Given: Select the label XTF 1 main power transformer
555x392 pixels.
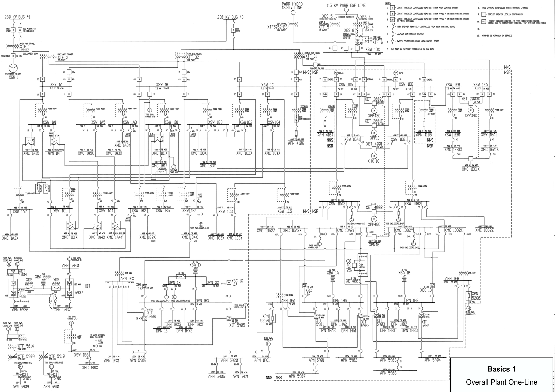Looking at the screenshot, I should pos(25,47).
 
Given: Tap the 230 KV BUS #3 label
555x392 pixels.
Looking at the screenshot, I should pos(230,17).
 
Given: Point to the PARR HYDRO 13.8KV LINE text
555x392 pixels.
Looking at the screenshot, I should pos(292,6).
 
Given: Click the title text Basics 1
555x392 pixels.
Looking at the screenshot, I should pos(501,369).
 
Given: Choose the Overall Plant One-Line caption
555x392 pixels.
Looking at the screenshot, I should pos(501,382).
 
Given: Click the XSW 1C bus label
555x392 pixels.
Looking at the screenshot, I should pos(267,85).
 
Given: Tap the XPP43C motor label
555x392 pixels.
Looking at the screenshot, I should pos(374,116).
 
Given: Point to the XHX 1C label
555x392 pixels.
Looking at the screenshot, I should pos(374,161).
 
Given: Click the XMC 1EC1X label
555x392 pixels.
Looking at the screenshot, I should pos(471,169).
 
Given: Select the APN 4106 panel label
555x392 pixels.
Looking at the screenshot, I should pos(296,143).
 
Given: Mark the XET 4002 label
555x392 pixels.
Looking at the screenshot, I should pos(374,207).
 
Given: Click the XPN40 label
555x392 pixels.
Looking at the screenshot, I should pos(374,245).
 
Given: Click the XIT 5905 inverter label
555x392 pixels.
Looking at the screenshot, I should pos(237,325).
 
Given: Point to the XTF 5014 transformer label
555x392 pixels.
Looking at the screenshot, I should pos(26,346).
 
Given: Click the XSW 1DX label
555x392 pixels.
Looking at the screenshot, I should pos(373,50).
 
